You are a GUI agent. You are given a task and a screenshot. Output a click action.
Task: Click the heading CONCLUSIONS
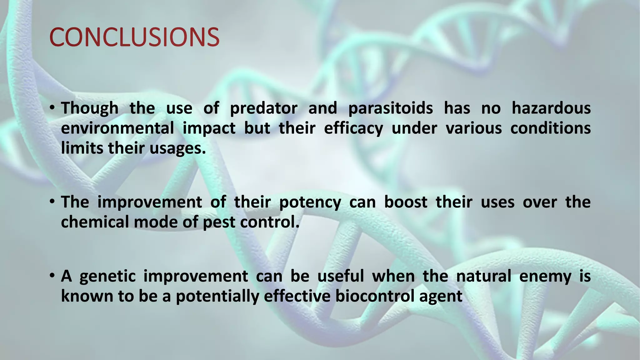[x=134, y=37]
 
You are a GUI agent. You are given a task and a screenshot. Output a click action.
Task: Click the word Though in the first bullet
[x=90, y=108]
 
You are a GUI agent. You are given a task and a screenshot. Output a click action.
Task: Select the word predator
[x=263, y=108]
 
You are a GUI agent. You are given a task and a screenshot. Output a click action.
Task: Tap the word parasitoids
[x=390, y=108]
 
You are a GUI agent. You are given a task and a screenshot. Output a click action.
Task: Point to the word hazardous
[x=551, y=108]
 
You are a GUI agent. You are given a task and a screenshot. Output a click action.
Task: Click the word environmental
[x=117, y=128]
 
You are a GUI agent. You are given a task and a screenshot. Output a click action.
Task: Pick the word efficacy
[x=353, y=128]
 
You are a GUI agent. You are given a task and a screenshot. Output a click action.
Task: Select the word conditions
[x=550, y=128]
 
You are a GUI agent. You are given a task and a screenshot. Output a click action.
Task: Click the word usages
[x=177, y=148]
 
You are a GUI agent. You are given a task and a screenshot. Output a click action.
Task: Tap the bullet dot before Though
[x=52, y=108]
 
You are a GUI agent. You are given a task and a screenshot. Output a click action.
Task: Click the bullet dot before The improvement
[x=52, y=202]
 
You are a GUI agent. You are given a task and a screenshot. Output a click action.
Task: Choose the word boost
[x=405, y=202]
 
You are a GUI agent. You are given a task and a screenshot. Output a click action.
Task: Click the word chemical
[x=95, y=222]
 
